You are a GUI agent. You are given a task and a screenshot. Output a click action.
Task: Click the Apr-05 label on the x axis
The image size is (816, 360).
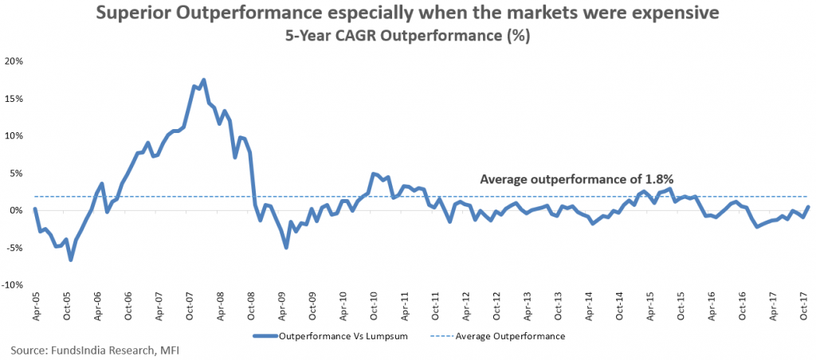(x=35, y=307)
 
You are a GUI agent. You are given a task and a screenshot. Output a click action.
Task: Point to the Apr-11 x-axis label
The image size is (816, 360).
(x=405, y=307)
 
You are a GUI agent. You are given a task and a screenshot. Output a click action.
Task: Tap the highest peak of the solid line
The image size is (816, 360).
(x=204, y=80)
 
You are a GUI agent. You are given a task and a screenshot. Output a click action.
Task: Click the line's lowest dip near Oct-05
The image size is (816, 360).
(x=70, y=260)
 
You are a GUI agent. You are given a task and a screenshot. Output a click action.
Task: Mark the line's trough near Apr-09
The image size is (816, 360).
(x=286, y=248)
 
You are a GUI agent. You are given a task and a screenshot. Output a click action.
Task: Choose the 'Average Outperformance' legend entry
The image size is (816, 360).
(x=510, y=336)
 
